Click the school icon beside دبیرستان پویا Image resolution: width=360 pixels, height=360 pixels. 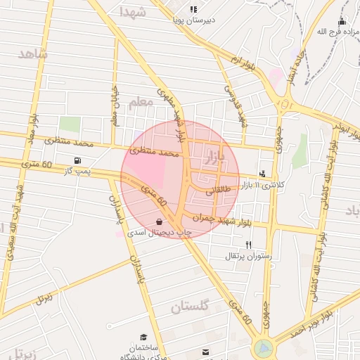(x=193, y=9)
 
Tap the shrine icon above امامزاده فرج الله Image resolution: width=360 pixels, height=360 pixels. (x=342, y=22)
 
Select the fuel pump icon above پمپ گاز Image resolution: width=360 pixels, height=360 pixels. (x=77, y=160)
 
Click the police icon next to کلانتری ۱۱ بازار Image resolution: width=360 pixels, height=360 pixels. (x=262, y=174)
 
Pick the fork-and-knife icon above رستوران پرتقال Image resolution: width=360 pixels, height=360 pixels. (x=248, y=244)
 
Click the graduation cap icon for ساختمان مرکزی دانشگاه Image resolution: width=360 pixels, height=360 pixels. (x=143, y=337)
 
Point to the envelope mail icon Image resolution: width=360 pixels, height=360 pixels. (x=205, y=351)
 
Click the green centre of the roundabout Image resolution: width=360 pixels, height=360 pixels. (x=264, y=347)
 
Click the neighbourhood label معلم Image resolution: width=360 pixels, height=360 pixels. (x=141, y=102)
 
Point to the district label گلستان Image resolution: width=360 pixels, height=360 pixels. (x=190, y=307)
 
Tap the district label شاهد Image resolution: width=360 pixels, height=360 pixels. (x=33, y=54)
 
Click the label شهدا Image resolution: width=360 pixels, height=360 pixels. (x=132, y=12)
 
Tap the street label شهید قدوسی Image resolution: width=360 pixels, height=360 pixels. (x=236, y=101)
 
